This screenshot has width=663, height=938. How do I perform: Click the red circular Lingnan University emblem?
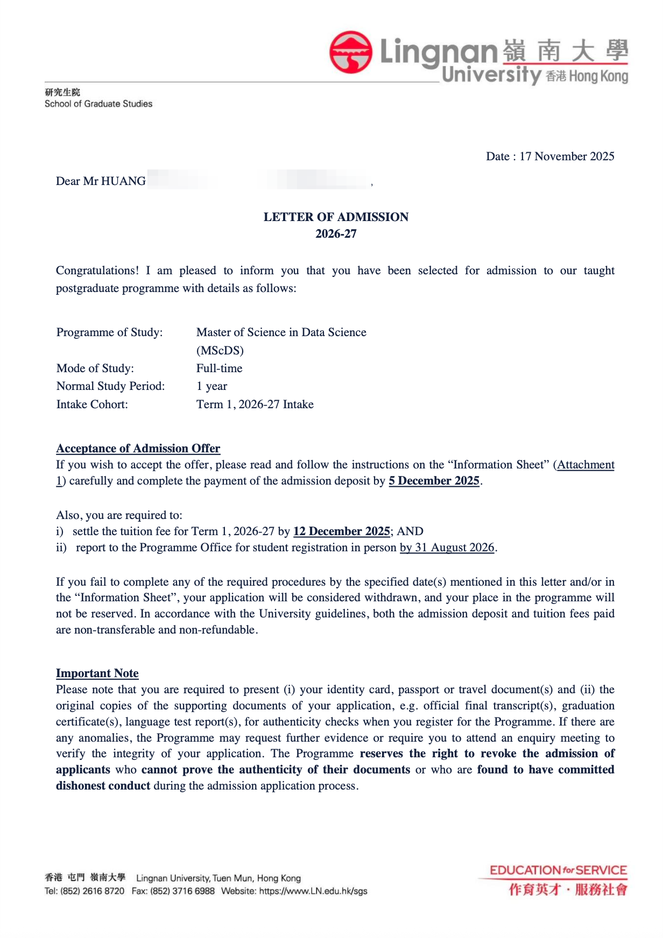(x=351, y=52)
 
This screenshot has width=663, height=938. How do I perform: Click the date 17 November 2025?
(x=567, y=157)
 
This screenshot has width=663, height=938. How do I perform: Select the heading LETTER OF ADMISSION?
(x=336, y=217)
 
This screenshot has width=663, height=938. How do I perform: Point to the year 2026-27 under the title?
(x=336, y=234)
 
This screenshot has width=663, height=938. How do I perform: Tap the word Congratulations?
(x=97, y=271)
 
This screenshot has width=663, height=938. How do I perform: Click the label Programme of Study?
(x=109, y=332)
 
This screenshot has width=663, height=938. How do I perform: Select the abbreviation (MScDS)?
(x=220, y=351)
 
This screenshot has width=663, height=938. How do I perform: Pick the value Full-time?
(x=219, y=368)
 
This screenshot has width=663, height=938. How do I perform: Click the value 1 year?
(x=211, y=386)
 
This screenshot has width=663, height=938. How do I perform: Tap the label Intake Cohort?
(x=92, y=404)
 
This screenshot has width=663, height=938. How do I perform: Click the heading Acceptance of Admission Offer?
(x=138, y=449)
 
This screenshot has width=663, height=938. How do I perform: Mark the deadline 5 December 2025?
(x=434, y=481)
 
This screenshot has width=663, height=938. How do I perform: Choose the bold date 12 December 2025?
(x=342, y=531)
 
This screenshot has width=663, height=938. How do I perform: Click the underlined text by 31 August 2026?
(x=447, y=548)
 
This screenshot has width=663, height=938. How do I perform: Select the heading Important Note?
(x=97, y=673)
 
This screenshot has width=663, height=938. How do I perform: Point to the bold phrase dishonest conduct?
(x=103, y=786)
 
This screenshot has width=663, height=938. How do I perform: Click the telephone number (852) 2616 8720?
(x=92, y=891)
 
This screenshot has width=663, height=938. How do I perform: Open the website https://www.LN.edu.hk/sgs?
(x=313, y=891)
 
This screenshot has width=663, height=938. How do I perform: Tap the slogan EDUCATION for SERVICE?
(x=558, y=870)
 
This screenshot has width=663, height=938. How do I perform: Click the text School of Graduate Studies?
(x=98, y=104)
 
